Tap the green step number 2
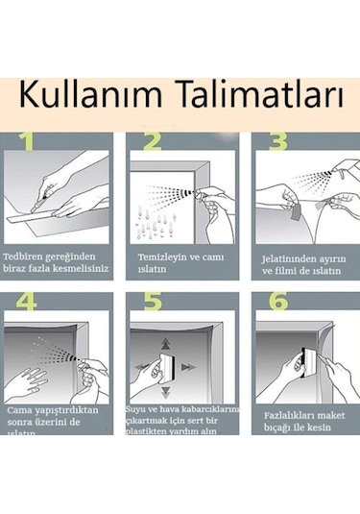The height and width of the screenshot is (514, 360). click(x=151, y=144)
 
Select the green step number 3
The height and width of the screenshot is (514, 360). click(x=277, y=144)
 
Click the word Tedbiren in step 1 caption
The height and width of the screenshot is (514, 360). click(x=29, y=257)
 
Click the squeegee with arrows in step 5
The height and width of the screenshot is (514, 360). click(x=160, y=367)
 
